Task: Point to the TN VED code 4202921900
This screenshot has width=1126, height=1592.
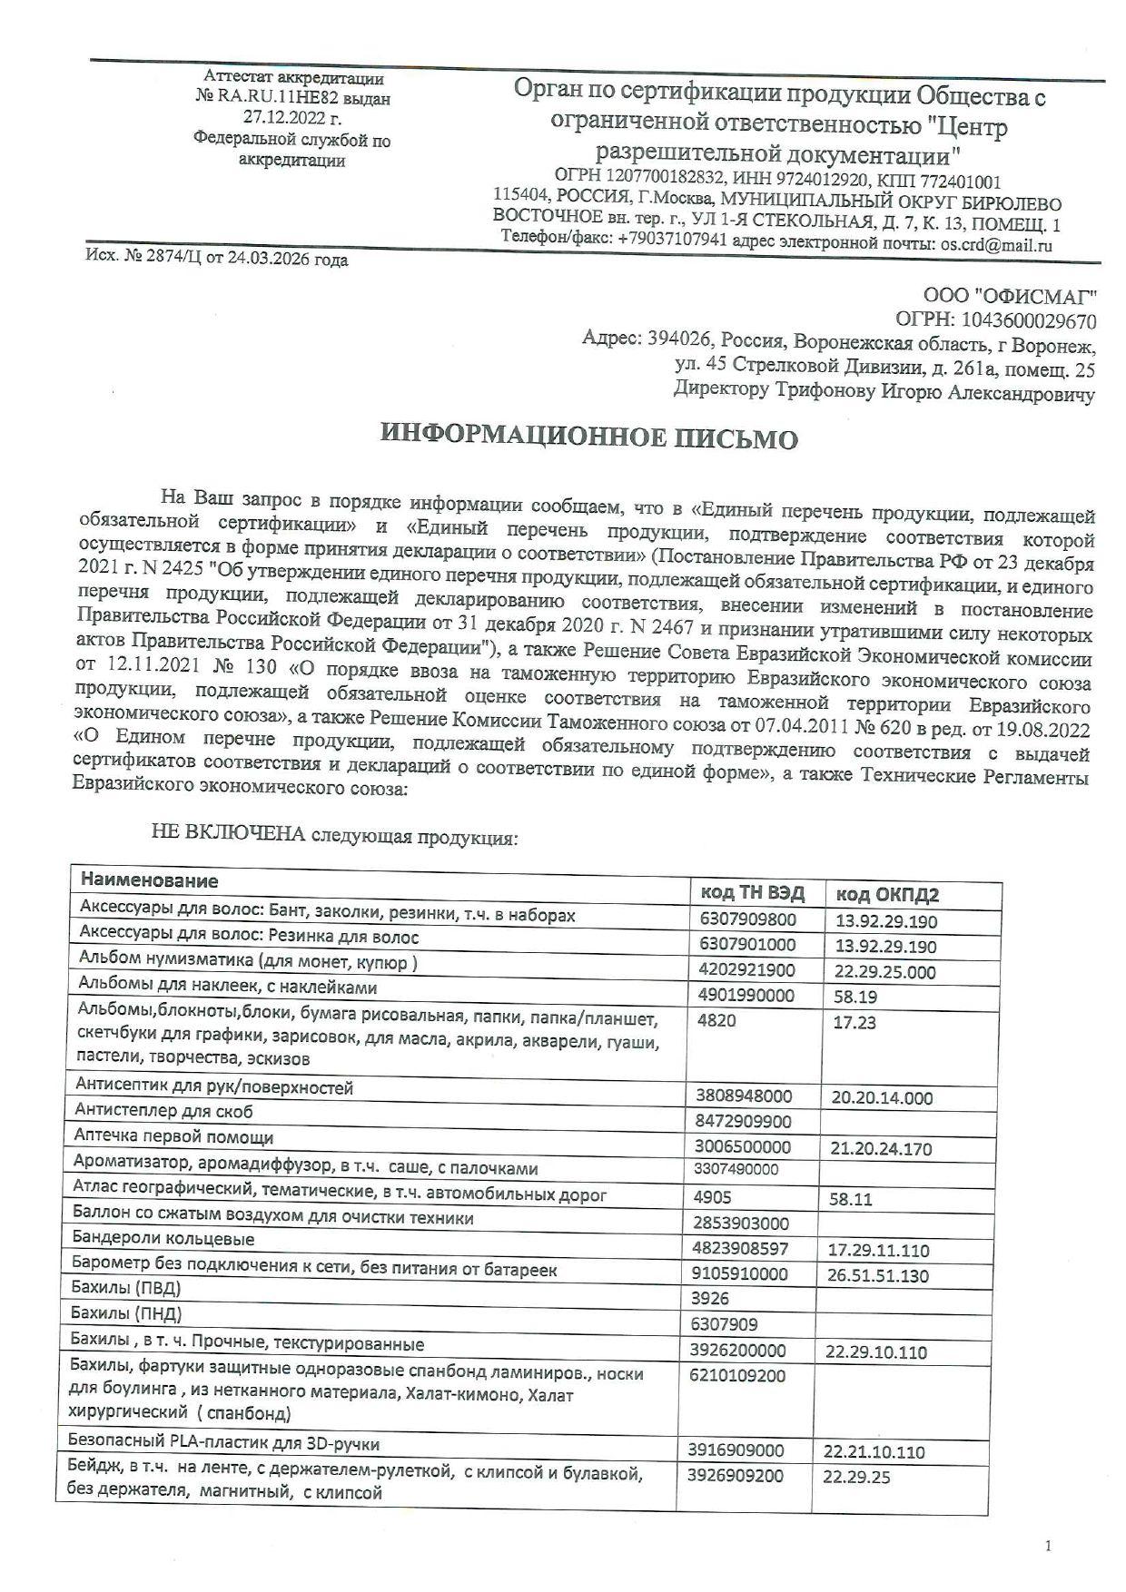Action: click(746, 969)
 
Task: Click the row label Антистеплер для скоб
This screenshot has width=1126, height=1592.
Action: click(164, 1112)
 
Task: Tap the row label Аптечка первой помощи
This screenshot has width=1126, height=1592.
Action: click(174, 1137)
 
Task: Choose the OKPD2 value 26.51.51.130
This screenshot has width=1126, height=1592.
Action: click(878, 1275)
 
